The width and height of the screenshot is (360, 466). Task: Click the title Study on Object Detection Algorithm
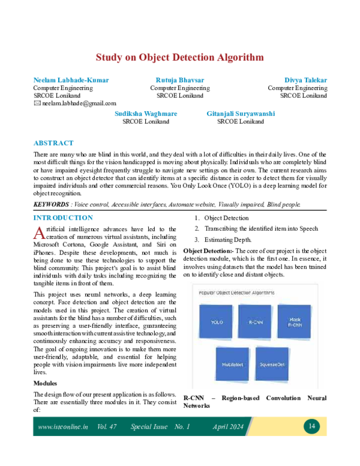180,58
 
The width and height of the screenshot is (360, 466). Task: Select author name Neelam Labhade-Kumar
71,80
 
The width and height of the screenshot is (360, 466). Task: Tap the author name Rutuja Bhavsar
180,80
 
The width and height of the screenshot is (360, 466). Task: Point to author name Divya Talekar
305,80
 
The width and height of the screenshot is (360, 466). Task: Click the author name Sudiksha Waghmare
145,113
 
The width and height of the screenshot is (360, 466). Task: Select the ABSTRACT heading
53,143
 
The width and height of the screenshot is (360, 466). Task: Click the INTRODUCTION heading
63,218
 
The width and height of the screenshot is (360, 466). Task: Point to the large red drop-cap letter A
38,232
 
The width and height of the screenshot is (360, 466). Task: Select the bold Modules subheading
45,383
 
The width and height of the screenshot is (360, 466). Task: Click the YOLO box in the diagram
217,322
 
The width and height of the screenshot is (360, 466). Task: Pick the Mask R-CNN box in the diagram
294,321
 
